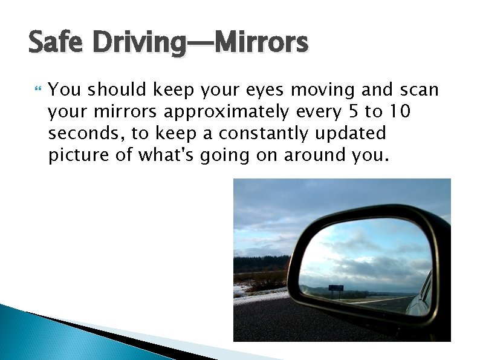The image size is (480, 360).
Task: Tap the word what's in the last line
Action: click(x=168, y=155)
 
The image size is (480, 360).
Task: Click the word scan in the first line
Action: click(x=418, y=90)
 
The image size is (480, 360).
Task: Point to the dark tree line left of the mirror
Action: click(x=262, y=264)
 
